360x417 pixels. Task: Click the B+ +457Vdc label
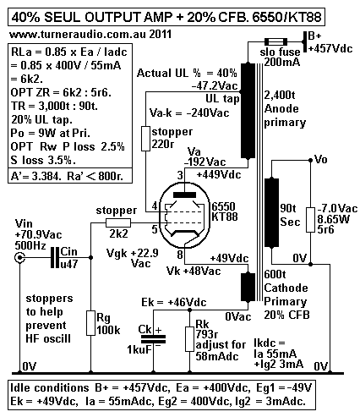pos(333,43)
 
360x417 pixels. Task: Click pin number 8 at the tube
pos(180,252)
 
